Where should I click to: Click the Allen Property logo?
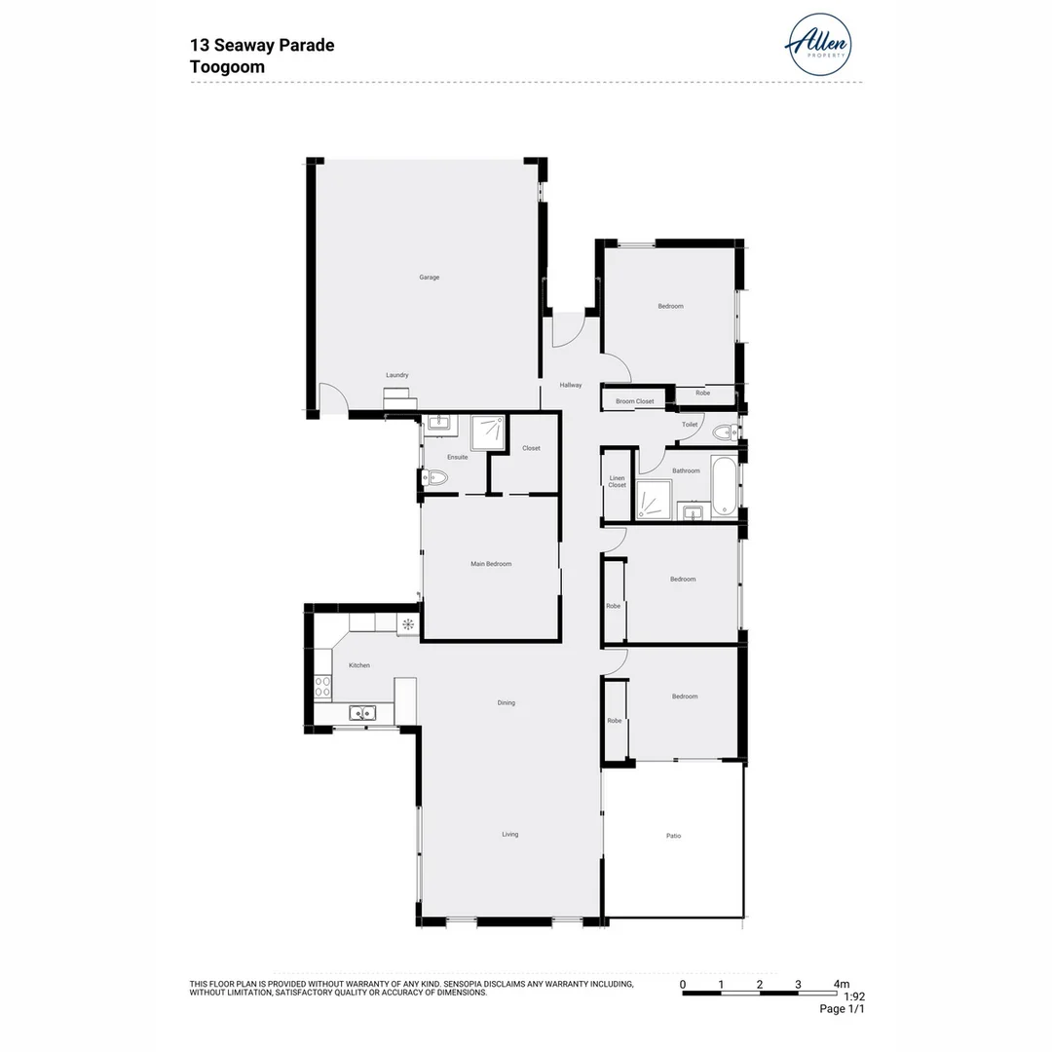[818, 44]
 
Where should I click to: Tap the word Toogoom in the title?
[227, 67]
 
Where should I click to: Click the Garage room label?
[430, 278]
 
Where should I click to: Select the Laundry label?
[396, 375]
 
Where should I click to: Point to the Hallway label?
[571, 385]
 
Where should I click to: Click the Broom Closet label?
[634, 401]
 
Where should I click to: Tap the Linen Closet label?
[618, 482]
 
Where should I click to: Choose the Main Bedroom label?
[491, 564]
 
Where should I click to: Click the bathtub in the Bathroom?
[724, 485]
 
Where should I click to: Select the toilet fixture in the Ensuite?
[434, 477]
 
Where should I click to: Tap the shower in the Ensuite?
[488, 433]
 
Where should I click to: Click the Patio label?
[673, 836]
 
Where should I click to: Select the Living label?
[509, 834]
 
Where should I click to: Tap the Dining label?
[506, 702]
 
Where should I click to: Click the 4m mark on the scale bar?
[841, 984]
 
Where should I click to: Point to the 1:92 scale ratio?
[853, 996]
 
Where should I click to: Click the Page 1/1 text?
[842, 1009]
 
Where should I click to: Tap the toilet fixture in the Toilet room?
[724, 432]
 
